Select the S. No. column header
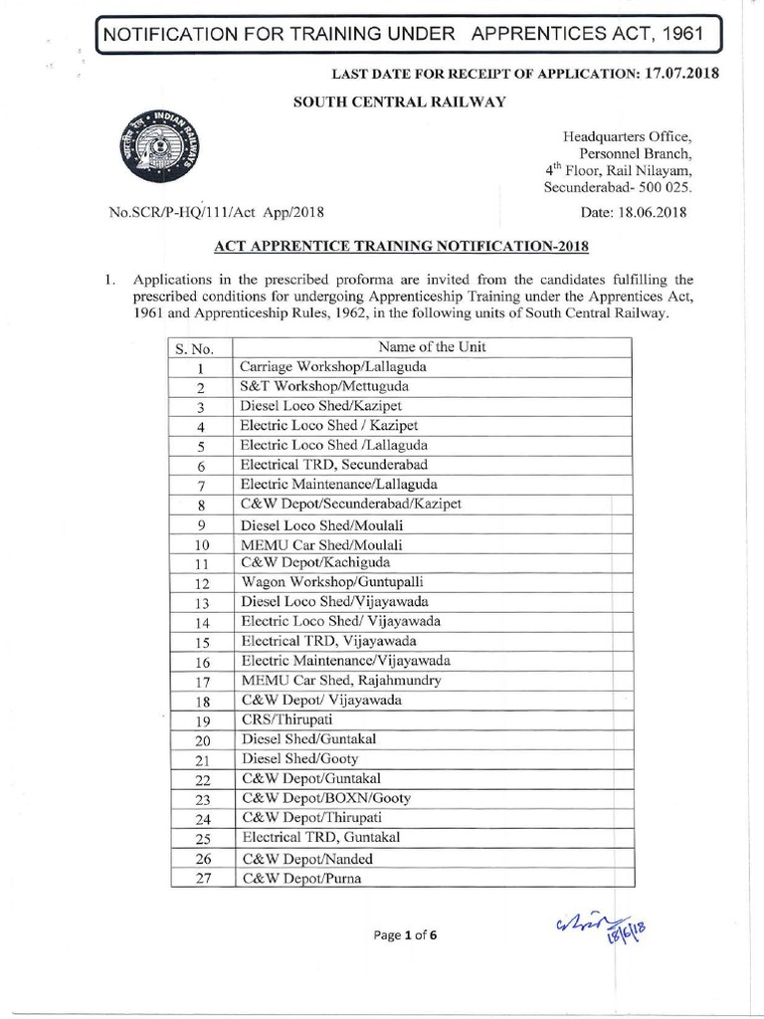click(x=195, y=348)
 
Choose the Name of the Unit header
click(x=432, y=347)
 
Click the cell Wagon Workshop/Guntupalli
click(x=324, y=581)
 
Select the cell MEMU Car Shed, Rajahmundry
click(x=340, y=680)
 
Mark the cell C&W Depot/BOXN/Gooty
click(x=325, y=798)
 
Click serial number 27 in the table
click(x=201, y=878)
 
